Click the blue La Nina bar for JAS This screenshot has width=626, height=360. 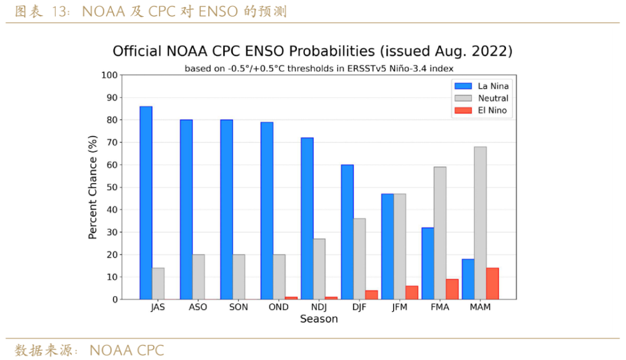(x=146, y=203)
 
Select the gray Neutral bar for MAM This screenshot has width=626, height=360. (x=480, y=223)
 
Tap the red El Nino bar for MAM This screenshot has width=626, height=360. (x=493, y=283)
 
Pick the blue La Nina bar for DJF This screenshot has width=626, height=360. (x=347, y=232)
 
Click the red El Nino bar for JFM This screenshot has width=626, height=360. (x=412, y=293)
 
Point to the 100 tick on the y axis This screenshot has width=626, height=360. (x=109, y=75)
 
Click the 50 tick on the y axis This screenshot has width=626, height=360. (x=111, y=187)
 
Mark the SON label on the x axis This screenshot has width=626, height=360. (x=238, y=307)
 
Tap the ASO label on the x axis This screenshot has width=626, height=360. (x=198, y=307)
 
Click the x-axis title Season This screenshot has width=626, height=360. (x=319, y=319)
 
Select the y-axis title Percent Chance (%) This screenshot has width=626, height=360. (x=93, y=187)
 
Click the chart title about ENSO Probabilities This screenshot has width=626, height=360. (x=312, y=51)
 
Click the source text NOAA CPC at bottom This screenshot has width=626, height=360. (x=127, y=351)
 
